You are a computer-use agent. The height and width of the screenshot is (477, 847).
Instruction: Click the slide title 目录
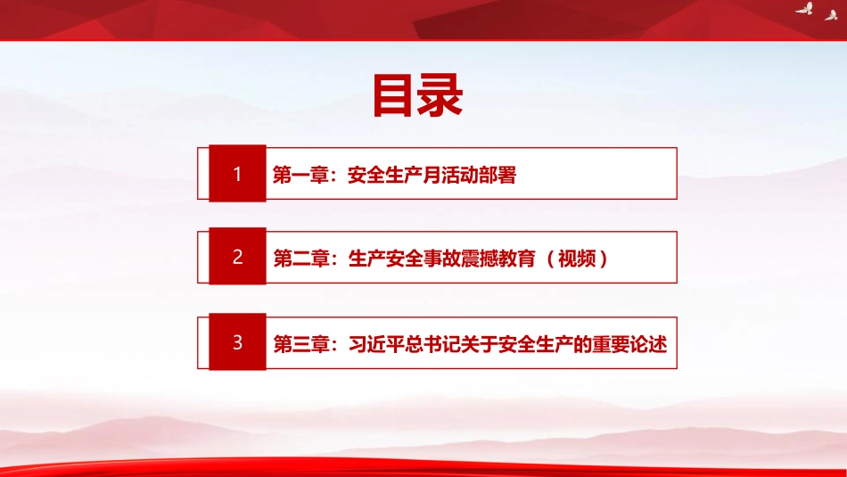(417, 95)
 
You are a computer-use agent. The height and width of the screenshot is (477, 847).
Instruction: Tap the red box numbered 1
(237, 173)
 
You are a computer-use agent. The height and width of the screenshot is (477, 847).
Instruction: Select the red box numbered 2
(237, 257)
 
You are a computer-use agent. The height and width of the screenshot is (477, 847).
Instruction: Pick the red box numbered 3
(237, 342)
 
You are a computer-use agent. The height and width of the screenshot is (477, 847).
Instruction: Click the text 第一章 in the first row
(300, 175)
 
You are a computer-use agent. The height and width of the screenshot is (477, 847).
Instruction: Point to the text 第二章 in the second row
(301, 259)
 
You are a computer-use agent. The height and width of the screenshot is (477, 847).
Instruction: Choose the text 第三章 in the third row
(301, 344)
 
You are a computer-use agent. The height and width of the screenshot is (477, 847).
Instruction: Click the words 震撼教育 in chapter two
(498, 259)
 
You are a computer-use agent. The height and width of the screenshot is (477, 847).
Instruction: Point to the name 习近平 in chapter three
(376, 344)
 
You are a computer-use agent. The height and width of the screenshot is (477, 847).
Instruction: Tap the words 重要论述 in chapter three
(629, 344)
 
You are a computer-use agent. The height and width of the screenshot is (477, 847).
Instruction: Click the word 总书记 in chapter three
(433, 344)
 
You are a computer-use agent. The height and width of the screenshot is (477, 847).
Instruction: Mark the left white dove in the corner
(804, 8)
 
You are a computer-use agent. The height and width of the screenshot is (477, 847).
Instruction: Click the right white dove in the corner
(831, 14)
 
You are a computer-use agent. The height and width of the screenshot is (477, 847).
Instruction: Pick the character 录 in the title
(440, 95)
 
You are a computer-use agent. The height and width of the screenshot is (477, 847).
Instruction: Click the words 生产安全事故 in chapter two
(405, 259)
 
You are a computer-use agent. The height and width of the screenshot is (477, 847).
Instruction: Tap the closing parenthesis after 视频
(604, 259)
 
